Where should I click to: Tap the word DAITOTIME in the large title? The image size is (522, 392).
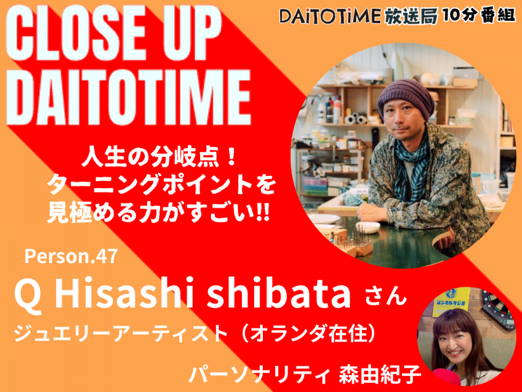[x=128, y=96]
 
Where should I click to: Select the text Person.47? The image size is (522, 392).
[x=71, y=256]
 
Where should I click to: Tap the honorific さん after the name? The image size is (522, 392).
[x=386, y=297]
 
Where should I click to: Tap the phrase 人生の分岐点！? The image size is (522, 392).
[x=159, y=158]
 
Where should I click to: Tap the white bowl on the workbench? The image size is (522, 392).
[x=368, y=228]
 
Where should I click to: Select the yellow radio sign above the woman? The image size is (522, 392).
[x=451, y=302]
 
